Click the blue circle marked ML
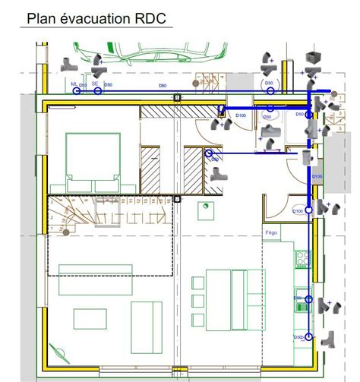click(x=77, y=90)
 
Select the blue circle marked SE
click(x=98, y=90)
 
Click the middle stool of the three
click(x=198, y=301)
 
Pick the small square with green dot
click(x=204, y=205)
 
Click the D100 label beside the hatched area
click(x=240, y=115)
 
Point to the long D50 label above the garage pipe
click(x=163, y=87)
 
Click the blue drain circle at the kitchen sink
click(x=308, y=300)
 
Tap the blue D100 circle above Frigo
click(x=309, y=210)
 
